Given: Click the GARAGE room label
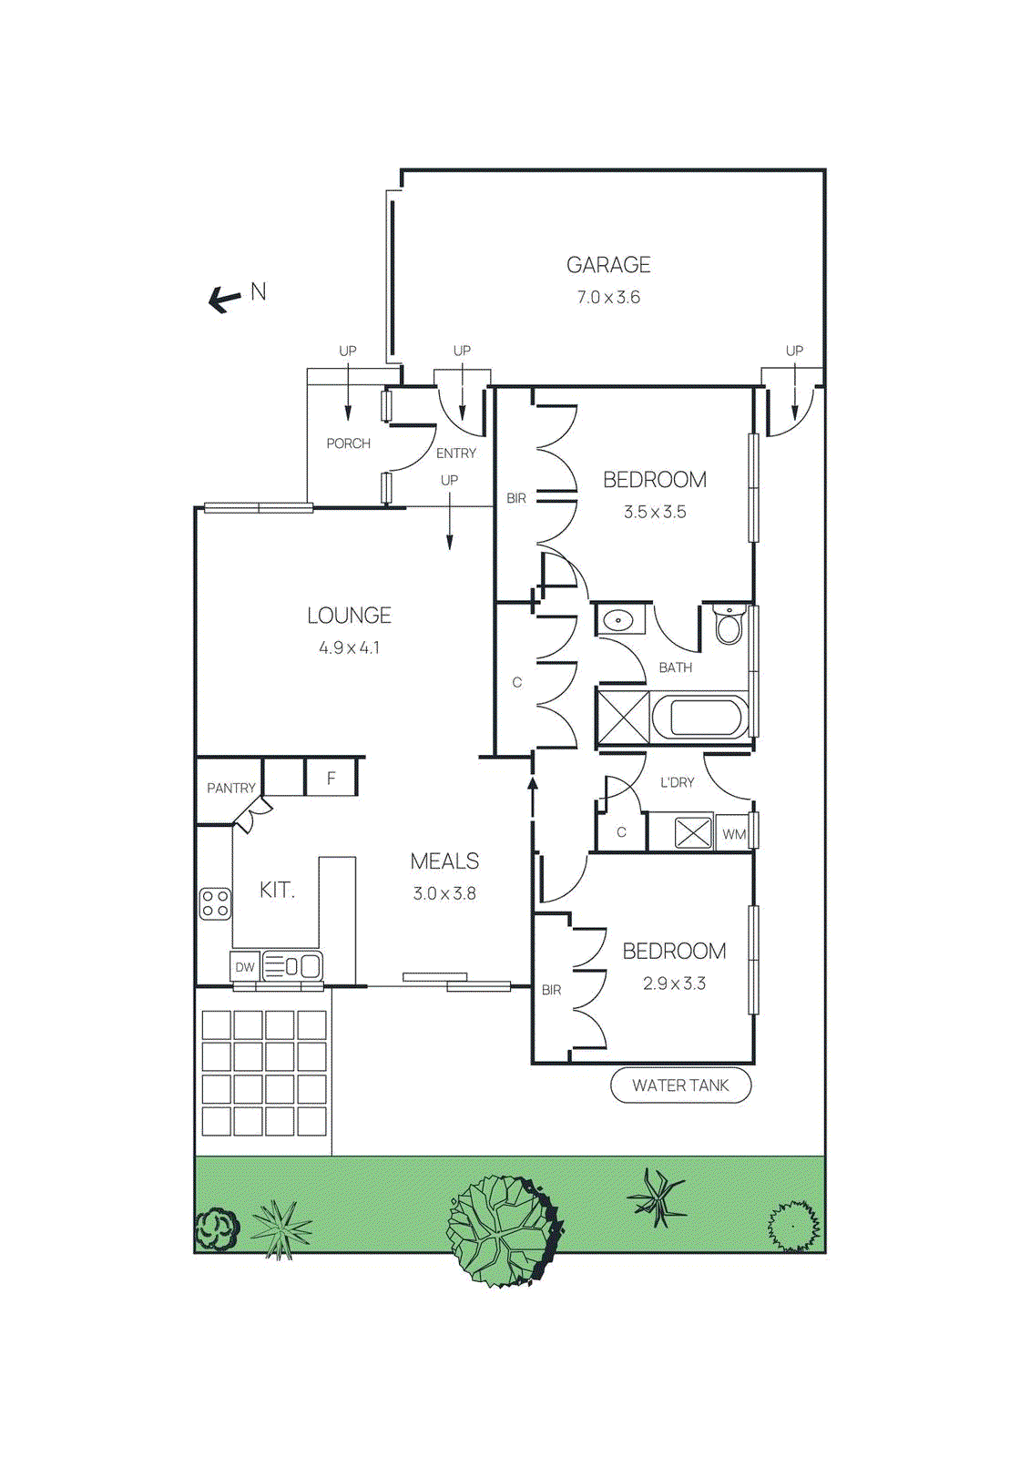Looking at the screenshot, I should click(x=608, y=265).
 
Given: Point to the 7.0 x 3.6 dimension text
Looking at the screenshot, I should click(x=608, y=298).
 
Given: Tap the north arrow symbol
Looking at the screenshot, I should click(x=224, y=298).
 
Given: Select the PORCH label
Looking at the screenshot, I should click(x=348, y=443).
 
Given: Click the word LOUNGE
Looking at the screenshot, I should click(x=349, y=616).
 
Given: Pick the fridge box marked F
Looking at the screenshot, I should click(x=331, y=779).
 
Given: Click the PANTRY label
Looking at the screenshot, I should click(x=230, y=789).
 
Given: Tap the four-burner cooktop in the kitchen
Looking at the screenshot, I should click(x=215, y=904).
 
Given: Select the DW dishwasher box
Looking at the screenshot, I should click(x=245, y=967).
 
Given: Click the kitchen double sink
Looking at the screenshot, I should click(x=292, y=966).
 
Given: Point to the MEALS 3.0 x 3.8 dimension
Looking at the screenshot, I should click(x=444, y=894).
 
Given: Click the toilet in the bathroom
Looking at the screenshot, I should click(x=729, y=625).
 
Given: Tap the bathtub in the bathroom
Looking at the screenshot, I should click(x=699, y=718).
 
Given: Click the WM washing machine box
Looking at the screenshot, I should click(x=734, y=834).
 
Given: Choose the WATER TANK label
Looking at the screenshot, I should click(x=680, y=1085).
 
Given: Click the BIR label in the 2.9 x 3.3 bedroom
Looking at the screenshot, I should click(x=551, y=990).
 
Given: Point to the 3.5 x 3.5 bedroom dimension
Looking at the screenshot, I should click(x=655, y=513).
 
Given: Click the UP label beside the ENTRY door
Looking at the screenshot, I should click(x=449, y=480).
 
